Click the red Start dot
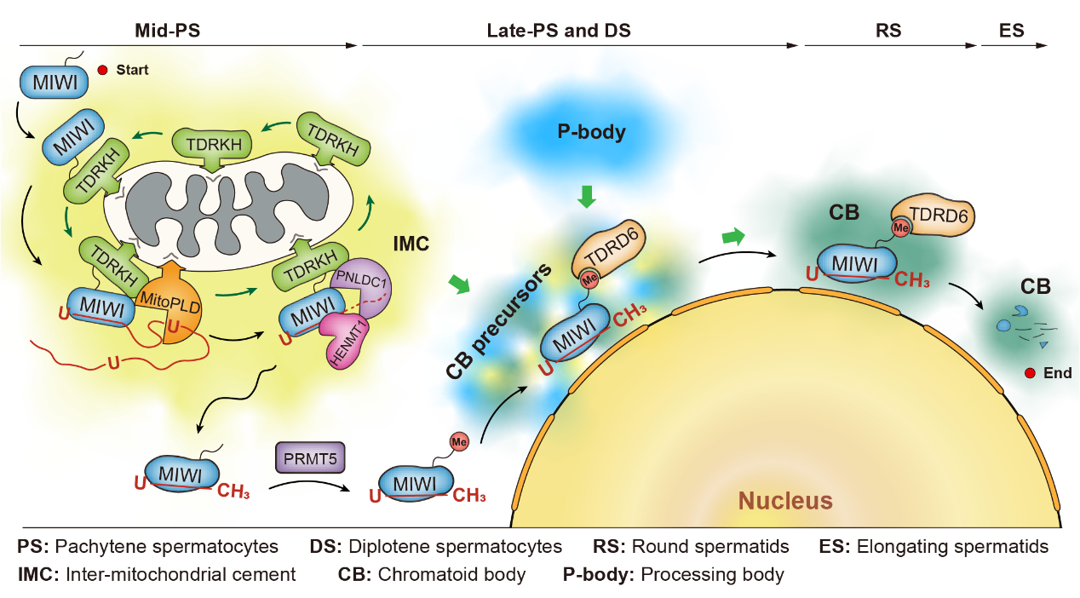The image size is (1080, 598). (x=102, y=71)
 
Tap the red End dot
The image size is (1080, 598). (x=1030, y=373)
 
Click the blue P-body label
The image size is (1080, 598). (x=591, y=132)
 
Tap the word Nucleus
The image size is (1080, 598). (x=784, y=500)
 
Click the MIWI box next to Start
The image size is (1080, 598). (x=54, y=82)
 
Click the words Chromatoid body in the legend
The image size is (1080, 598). (x=451, y=574)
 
